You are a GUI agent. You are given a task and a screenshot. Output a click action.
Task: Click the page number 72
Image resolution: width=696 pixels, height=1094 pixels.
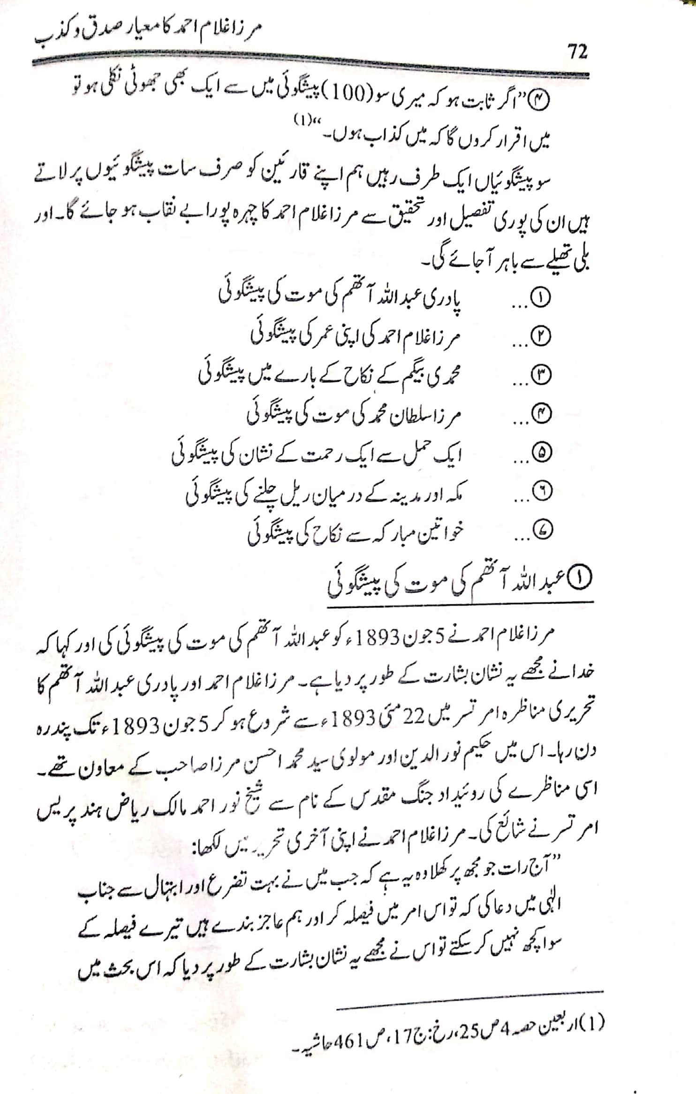coord(577,52)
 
